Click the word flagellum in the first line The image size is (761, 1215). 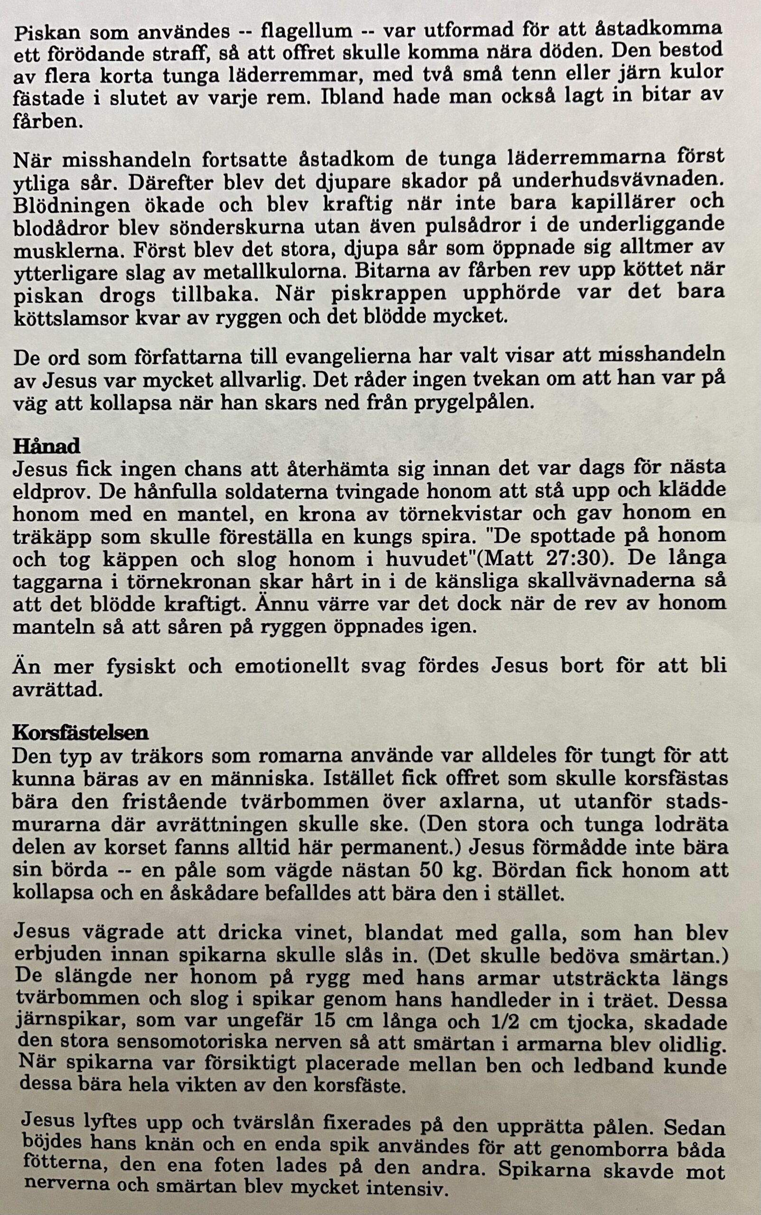click(306, 31)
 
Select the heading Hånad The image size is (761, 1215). click(46, 446)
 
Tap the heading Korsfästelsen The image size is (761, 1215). click(80, 733)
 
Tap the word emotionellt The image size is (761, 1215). click(291, 667)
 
